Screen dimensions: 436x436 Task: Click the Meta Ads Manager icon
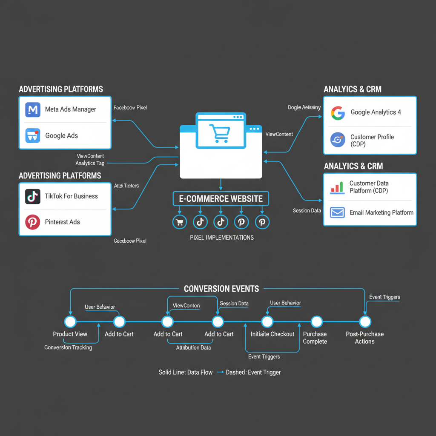32,109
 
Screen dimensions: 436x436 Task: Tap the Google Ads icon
32,136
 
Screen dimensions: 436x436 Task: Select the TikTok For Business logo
32,196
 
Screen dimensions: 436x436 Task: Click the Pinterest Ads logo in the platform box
32,222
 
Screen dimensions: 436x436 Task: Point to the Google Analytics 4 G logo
338,112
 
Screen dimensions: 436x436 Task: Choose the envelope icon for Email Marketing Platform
337,212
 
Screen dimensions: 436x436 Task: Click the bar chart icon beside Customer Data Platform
337,187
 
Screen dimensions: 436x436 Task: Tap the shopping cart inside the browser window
220,132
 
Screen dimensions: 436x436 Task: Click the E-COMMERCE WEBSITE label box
221,199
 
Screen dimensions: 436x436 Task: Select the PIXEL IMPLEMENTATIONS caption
221,238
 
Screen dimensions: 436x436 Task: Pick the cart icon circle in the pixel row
179,222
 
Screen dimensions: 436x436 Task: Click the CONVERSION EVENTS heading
221,289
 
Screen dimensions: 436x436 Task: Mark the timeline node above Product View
70,321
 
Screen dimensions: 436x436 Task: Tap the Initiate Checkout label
272,334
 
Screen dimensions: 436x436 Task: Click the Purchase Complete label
315,338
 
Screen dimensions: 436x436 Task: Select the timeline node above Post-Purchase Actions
365,321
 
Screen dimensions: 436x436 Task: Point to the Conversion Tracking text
68,347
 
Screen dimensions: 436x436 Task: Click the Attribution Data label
194,347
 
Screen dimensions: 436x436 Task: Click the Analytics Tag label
90,163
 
